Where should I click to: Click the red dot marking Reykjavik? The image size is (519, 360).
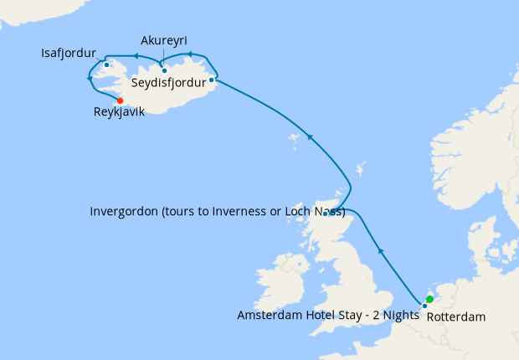pyautogui.click(x=120, y=100)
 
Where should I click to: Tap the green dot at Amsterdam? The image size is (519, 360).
pyautogui.click(x=429, y=299)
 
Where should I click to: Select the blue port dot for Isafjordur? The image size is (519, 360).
pyautogui.click(x=107, y=64)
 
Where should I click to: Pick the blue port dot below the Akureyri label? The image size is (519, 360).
pyautogui.click(x=164, y=69)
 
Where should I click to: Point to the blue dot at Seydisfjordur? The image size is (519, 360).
pyautogui.click(x=211, y=80)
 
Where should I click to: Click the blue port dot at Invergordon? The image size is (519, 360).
pyautogui.click(x=326, y=213)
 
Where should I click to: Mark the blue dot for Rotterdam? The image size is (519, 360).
pyautogui.click(x=424, y=306)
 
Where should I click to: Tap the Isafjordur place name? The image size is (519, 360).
pyautogui.click(x=68, y=54)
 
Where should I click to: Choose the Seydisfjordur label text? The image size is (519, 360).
pyautogui.click(x=168, y=83)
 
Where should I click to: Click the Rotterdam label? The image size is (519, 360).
pyautogui.click(x=455, y=318)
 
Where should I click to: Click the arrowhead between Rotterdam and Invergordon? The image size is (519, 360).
pyautogui.click(x=380, y=249)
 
